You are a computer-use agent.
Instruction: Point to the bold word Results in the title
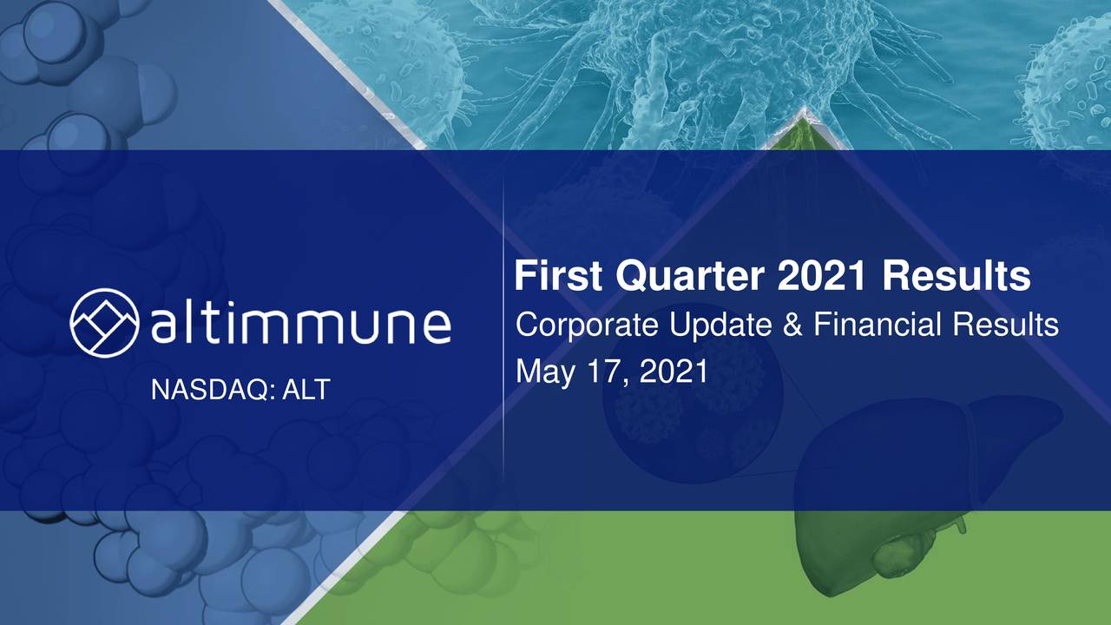957,278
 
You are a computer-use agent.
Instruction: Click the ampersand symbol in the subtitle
792,326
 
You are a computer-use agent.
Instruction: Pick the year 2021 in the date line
674,372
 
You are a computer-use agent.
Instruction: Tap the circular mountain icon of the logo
104,323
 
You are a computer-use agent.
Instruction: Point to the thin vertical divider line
503,330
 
